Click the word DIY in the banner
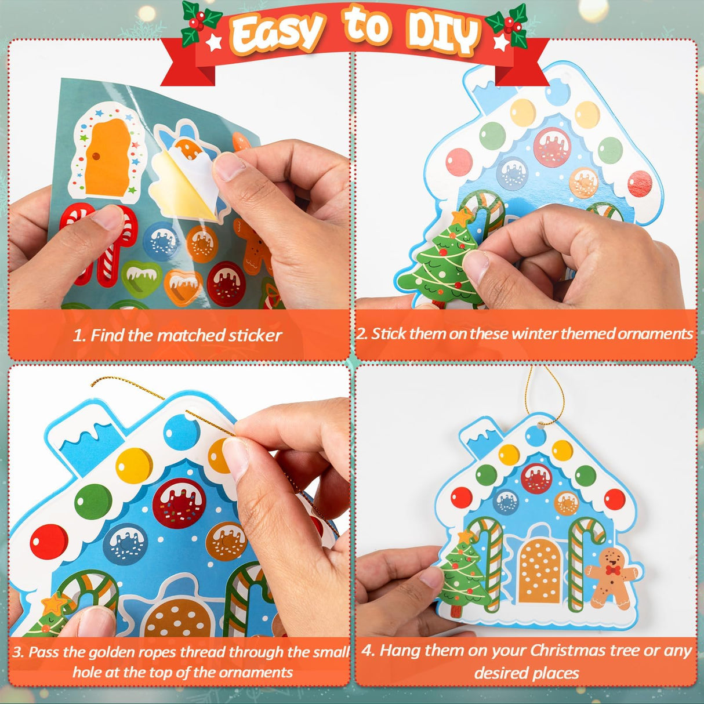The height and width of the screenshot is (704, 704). coord(442,32)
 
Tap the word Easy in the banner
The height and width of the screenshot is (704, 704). coord(277,32)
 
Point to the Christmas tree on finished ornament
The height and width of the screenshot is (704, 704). coord(462,571)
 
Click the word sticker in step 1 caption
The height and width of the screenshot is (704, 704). coord(255,335)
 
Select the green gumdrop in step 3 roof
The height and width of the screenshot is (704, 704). coord(93,502)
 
